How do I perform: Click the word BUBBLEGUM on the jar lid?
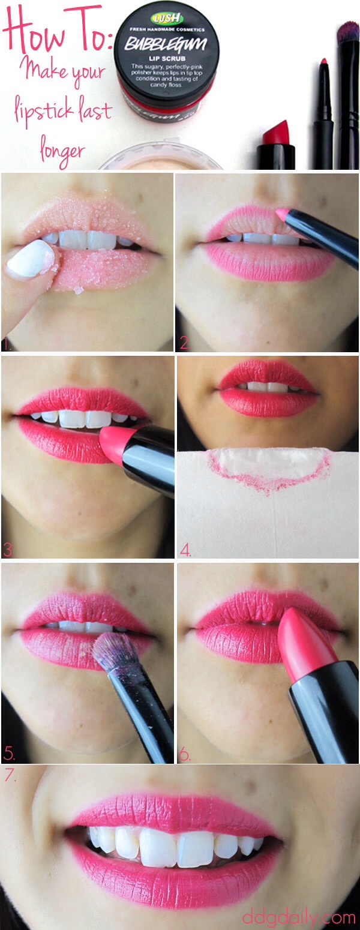(x=166, y=44)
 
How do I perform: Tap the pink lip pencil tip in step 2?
(x=280, y=212)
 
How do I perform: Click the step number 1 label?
(x=8, y=344)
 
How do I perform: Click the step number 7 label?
(x=11, y=776)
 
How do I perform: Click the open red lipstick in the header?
(x=276, y=144)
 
